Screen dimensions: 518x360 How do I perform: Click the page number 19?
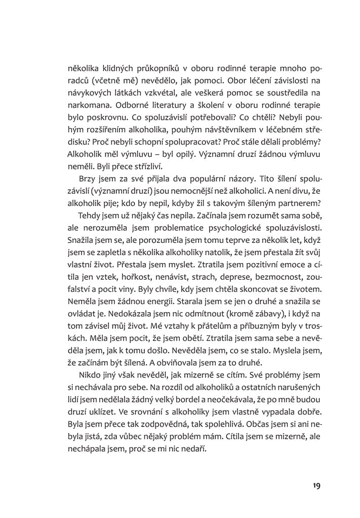[x=316, y=486]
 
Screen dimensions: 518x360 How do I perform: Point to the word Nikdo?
[x=90, y=375]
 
